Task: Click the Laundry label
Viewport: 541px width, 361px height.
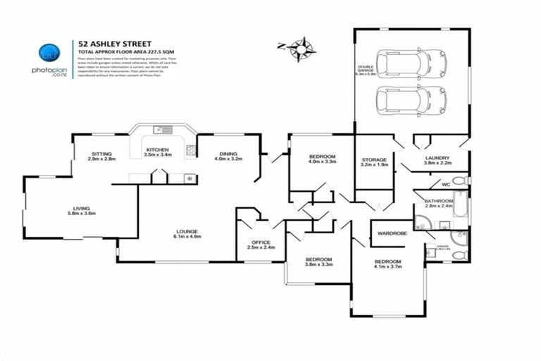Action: pos(437,160)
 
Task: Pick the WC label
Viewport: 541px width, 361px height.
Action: pos(446,184)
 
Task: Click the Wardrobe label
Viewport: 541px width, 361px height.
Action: pos(392,232)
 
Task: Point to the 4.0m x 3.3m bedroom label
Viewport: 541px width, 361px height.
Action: pos(322,159)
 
